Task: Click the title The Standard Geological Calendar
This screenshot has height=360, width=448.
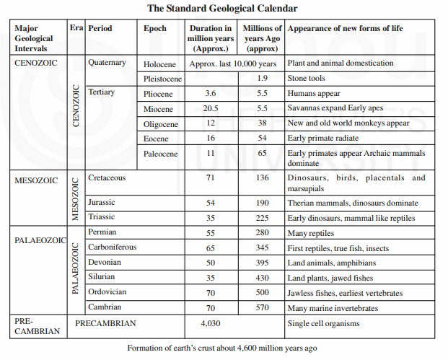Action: coord(223,9)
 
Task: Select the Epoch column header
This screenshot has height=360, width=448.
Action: coord(156,29)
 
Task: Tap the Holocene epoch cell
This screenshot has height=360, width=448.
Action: coord(160,63)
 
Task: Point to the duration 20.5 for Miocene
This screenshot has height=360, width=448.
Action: coord(211,108)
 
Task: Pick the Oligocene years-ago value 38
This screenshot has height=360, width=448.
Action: coord(263,123)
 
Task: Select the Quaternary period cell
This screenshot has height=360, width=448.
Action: coord(107,63)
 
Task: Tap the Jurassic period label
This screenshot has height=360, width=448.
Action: coord(102,203)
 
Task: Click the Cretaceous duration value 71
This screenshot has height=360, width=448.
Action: coord(211,177)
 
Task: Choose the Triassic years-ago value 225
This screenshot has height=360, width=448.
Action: coord(263,217)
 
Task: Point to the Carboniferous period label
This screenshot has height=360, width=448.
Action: coord(113,247)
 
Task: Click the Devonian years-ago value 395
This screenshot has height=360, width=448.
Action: coord(263,263)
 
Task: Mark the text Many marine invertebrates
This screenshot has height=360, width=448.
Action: coord(333,308)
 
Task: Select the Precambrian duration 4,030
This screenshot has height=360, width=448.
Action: coord(211,323)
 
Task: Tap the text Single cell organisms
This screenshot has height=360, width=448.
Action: coord(323,323)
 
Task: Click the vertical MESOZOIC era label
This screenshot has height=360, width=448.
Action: coord(76,197)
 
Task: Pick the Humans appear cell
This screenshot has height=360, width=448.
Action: coord(314,93)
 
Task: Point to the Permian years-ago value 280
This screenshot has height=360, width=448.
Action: coord(263,232)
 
